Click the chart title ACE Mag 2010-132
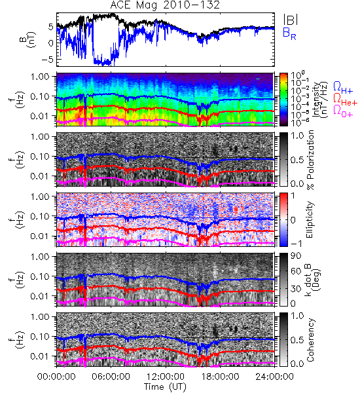(165, 5)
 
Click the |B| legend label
(291, 20)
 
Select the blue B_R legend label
(289, 33)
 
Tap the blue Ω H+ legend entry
(343, 88)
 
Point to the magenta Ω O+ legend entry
(343, 111)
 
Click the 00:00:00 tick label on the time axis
(56, 377)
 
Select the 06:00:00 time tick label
(111, 377)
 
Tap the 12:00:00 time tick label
(166, 377)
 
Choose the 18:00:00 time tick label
(220, 377)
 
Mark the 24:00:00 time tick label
(274, 377)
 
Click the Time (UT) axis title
(165, 386)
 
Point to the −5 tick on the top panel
(48, 60)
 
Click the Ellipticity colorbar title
(310, 219)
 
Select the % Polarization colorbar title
(310, 160)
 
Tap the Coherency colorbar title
(310, 340)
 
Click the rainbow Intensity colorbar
(283, 100)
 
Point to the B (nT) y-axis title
(27, 39)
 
